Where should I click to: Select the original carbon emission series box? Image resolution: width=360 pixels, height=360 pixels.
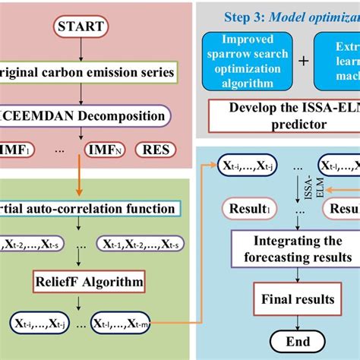click(x=89, y=74)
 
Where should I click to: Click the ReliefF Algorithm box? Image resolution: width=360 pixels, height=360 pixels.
click(x=88, y=283)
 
